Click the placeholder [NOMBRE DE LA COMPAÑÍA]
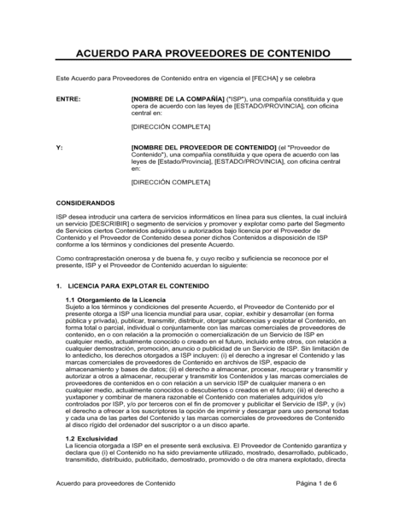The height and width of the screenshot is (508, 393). click(178, 99)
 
